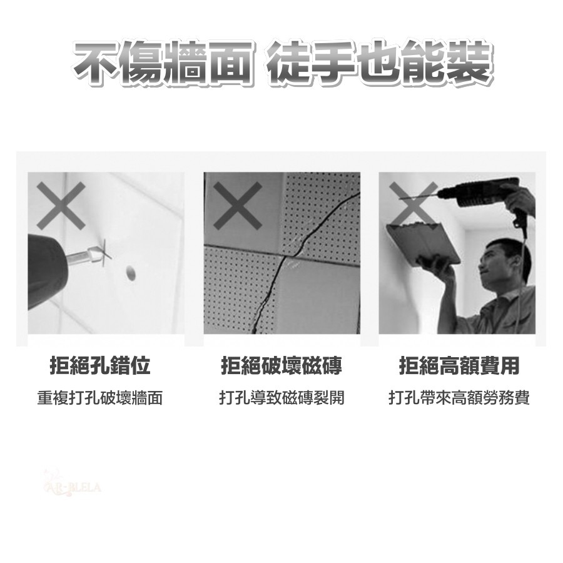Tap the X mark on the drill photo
60,205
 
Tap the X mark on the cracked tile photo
237,206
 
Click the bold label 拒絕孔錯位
100,365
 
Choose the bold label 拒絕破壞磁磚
281,365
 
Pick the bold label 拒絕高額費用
459,365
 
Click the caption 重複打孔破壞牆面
100,398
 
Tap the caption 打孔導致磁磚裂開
281,398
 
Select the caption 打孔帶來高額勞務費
459,398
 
